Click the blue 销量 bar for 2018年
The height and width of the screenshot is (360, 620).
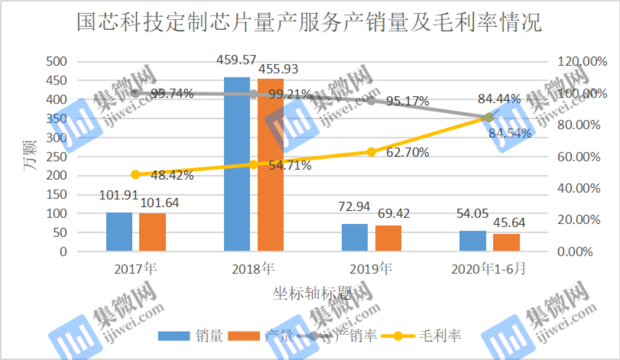(x=236, y=163)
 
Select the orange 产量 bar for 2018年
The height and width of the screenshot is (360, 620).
(x=270, y=165)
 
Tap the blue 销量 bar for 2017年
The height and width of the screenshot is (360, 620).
(x=119, y=232)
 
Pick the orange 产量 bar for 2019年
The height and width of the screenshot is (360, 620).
(x=388, y=238)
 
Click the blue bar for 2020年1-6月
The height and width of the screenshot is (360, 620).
(x=472, y=241)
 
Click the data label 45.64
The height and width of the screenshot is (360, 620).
(x=509, y=223)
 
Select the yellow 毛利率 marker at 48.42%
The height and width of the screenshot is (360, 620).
(x=135, y=174)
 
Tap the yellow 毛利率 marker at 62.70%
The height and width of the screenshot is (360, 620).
(x=371, y=152)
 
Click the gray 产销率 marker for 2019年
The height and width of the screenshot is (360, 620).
(x=371, y=100)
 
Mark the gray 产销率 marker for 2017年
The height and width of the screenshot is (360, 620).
(x=135, y=93)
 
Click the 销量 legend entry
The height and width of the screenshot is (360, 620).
(x=192, y=336)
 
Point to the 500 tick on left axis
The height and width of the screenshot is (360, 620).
(x=57, y=62)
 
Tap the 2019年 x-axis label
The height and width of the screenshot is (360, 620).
(x=371, y=269)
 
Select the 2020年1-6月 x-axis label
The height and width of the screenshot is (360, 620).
(x=488, y=269)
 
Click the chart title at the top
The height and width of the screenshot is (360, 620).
(x=309, y=23)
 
